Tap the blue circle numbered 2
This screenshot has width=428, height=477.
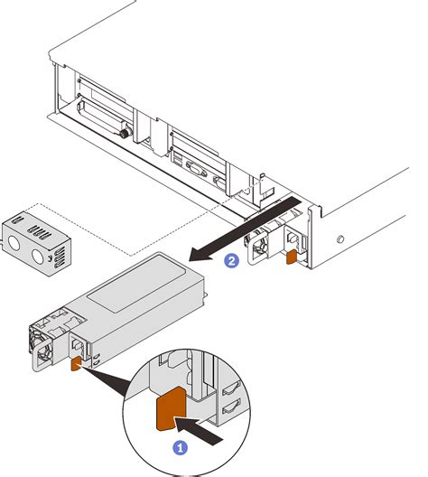point(232,261)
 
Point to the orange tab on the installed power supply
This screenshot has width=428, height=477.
point(291,257)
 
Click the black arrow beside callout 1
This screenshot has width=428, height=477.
point(208,427)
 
